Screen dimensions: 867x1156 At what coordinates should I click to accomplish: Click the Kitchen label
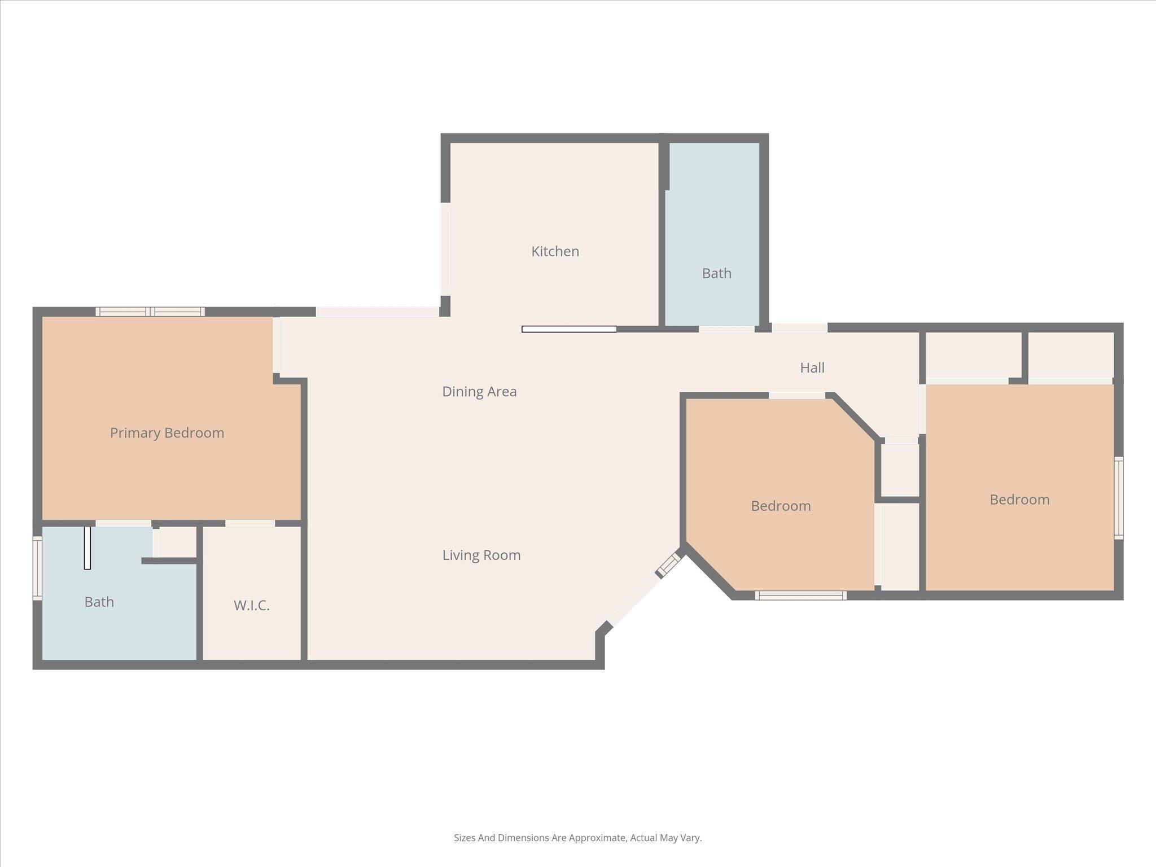(x=555, y=251)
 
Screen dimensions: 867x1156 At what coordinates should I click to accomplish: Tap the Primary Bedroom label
(x=167, y=433)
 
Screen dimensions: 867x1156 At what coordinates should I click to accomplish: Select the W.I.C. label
(x=252, y=606)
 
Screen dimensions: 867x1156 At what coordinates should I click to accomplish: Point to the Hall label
(x=812, y=368)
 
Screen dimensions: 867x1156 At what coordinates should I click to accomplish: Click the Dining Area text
(x=479, y=392)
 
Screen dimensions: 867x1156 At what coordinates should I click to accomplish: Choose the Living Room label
(x=481, y=555)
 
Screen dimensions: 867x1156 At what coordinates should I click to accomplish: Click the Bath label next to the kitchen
(x=716, y=273)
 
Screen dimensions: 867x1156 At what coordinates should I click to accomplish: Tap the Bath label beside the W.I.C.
(x=99, y=602)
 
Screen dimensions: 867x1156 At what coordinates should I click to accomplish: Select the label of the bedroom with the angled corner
(x=781, y=506)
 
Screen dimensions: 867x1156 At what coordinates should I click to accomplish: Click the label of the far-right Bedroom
(x=1019, y=500)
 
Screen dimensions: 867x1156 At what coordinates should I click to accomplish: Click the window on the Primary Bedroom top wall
(x=150, y=312)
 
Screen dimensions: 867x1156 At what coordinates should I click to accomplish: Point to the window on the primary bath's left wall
(x=37, y=568)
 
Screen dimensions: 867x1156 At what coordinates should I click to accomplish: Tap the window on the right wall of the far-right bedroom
(x=1118, y=498)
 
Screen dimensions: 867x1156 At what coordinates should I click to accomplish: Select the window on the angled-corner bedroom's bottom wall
(x=800, y=595)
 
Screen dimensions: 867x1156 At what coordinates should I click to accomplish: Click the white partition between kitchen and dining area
(x=569, y=329)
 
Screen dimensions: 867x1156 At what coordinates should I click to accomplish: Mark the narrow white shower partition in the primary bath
(x=87, y=548)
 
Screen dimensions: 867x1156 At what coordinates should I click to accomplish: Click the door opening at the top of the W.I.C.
(x=250, y=523)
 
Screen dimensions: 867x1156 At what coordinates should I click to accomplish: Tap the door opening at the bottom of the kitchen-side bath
(x=726, y=329)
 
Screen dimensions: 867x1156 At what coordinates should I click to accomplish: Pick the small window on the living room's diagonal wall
(x=670, y=564)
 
